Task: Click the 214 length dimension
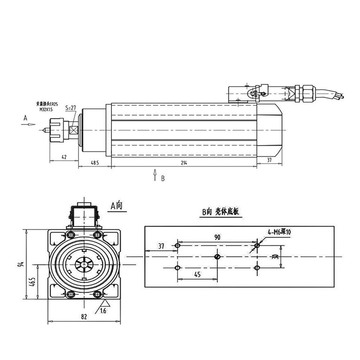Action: point(184,163)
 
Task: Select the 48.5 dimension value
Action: point(95,163)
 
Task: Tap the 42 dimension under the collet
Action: point(64,157)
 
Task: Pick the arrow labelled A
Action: point(28,124)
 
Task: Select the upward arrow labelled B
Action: point(155,175)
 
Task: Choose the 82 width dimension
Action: point(84,317)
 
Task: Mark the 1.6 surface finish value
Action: point(103,311)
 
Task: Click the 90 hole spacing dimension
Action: point(217,237)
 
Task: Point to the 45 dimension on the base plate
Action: point(197,274)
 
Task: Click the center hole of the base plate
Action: point(217,256)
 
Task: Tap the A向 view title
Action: point(116,206)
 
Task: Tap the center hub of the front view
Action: point(84,265)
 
